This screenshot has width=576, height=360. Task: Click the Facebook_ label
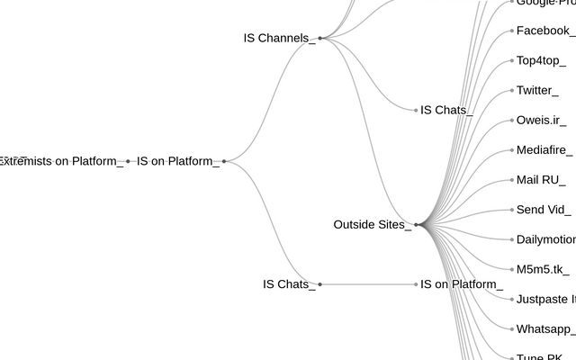coord(545,31)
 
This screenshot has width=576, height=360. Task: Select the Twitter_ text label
coord(537,90)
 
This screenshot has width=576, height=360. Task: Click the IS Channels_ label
coord(279,38)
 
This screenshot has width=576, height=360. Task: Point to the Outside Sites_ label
coord(372,224)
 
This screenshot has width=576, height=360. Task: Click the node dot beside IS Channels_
coord(319,38)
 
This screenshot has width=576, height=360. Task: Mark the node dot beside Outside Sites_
coord(416,224)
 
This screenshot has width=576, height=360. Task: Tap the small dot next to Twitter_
coord(512,90)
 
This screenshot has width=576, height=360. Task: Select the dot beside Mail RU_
coord(512,180)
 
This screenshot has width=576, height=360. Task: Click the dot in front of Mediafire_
coord(512,150)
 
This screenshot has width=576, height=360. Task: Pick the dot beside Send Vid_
coord(512,210)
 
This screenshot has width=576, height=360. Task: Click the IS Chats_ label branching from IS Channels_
coord(446,110)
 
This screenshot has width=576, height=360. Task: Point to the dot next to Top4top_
coord(512,60)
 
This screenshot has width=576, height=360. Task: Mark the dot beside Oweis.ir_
coord(512,121)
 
